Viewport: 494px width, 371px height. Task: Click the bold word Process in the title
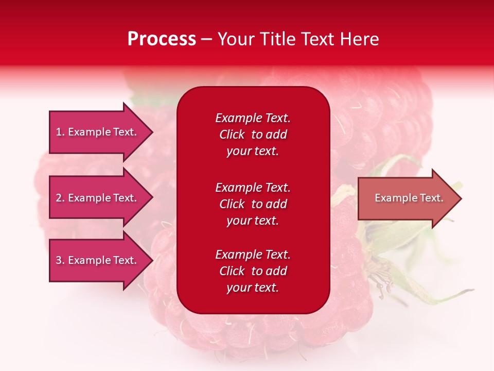[162, 39]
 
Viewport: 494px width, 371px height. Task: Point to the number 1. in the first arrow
[60, 132]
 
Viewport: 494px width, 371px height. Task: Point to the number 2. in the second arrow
[60, 198]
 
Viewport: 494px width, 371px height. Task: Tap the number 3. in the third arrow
[60, 260]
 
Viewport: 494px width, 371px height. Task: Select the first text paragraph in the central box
[253, 134]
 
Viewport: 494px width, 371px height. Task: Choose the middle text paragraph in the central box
[253, 204]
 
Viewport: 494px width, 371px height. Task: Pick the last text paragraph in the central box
[253, 271]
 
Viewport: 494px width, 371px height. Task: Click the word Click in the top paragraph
[232, 134]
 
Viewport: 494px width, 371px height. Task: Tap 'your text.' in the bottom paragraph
[253, 288]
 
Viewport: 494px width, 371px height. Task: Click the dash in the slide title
[206, 40]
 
